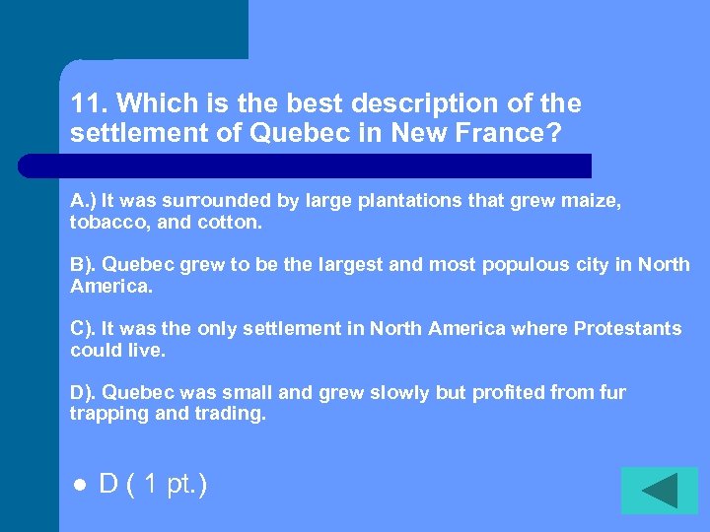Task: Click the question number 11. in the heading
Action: [90, 104]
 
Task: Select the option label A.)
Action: [83, 201]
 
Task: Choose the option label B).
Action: [83, 265]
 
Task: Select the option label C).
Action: [83, 329]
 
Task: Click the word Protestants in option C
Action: [627, 329]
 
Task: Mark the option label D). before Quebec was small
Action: [83, 393]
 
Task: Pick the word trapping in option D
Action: [104, 415]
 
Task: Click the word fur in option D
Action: [612, 393]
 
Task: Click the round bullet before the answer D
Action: [78, 487]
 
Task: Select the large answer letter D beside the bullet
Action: [109, 485]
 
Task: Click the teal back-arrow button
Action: [659, 491]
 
